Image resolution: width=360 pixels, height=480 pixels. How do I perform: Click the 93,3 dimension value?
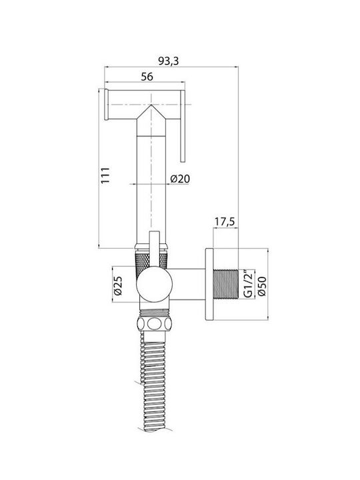coord(168,61)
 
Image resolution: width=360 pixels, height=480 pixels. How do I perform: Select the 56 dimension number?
coord(147,77)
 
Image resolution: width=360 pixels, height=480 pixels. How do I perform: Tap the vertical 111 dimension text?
coord(105,175)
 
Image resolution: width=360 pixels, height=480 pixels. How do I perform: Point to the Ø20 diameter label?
coord(180,179)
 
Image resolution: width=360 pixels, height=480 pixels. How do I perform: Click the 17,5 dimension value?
coord(224,221)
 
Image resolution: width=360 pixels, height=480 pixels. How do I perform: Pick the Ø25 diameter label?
coord(118,285)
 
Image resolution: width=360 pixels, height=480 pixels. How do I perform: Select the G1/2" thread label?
coord(248,284)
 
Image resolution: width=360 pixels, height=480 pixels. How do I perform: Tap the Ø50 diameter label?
coord(262,286)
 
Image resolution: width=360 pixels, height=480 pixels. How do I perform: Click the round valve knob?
coord(154,284)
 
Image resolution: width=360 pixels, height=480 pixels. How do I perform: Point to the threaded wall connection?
coord(225,284)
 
